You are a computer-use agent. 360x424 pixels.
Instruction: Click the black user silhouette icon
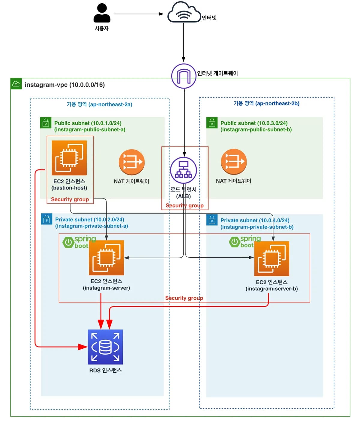click(x=102, y=13)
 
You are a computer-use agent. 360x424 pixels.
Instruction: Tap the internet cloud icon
click(x=184, y=12)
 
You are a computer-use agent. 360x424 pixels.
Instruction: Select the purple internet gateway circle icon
click(x=184, y=76)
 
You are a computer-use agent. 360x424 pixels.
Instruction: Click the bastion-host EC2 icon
click(x=69, y=158)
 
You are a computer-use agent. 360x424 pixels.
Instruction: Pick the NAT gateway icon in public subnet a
click(x=132, y=162)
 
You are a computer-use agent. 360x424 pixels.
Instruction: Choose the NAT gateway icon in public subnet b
click(x=234, y=162)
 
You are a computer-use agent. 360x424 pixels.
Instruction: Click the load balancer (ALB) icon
click(x=184, y=170)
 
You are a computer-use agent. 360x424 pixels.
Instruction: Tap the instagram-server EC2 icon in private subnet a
click(x=106, y=258)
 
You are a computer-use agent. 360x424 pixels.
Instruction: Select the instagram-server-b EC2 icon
click(x=272, y=259)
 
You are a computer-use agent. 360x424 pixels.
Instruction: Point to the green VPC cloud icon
click(x=16, y=84)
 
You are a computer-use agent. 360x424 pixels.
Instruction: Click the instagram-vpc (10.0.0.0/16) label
click(x=65, y=85)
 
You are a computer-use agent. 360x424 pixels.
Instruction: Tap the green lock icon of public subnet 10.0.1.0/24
click(x=46, y=123)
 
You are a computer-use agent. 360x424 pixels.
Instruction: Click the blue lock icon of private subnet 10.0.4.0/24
click(x=212, y=220)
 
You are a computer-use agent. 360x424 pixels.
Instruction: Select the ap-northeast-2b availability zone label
click(x=267, y=103)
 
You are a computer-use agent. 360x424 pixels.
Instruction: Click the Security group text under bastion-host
click(x=70, y=199)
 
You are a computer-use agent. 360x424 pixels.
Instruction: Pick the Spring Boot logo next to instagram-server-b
click(x=245, y=242)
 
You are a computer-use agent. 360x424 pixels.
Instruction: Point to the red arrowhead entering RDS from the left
click(x=83, y=347)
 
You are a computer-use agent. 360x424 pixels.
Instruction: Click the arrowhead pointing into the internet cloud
click(x=161, y=14)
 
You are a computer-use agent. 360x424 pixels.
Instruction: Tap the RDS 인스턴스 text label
click(x=106, y=371)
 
